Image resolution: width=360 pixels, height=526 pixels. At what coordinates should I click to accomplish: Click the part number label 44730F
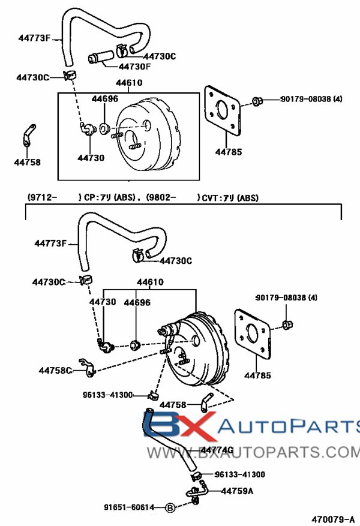135,67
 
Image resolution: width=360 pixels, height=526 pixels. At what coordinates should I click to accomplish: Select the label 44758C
55,371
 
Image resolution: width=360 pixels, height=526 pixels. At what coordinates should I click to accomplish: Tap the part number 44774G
217,449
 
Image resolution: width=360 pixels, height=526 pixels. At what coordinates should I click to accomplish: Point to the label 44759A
237,491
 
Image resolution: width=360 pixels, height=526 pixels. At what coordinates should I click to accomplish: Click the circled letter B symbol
170,507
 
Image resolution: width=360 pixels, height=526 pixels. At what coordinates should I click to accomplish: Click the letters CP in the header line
89,197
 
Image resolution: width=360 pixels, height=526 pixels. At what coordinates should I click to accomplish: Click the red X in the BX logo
195,427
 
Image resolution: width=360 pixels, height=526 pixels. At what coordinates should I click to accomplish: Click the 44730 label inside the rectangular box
91,158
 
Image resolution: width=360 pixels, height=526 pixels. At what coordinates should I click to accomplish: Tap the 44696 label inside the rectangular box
105,98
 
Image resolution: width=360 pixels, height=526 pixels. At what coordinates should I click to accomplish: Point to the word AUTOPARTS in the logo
288,427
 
